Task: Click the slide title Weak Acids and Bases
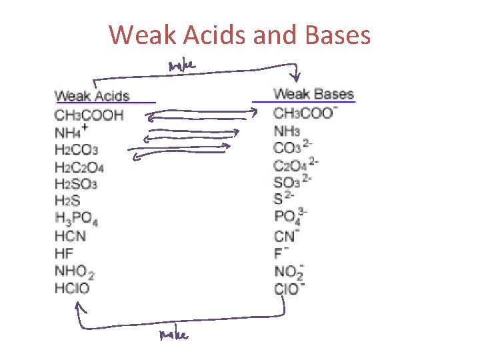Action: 240,35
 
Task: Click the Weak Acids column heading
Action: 92,96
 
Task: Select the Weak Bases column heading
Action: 313,94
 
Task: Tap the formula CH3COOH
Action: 89,115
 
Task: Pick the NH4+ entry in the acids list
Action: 71,132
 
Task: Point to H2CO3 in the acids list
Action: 77,149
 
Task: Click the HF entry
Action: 64,253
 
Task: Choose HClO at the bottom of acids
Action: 72,288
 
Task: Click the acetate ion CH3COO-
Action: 305,113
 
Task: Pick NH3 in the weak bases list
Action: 287,131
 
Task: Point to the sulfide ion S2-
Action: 283,198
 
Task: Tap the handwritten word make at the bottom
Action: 173,335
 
